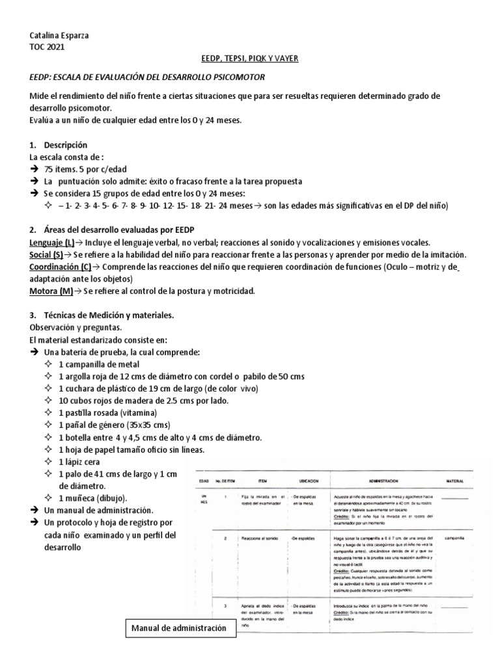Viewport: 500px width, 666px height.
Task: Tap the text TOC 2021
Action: point(48,47)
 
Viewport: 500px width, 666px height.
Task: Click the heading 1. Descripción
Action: point(59,144)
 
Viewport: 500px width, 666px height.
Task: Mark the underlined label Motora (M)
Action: point(51,291)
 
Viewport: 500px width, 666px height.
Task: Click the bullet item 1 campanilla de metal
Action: point(98,364)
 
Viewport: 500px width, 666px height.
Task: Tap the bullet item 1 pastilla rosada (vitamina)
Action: point(107,413)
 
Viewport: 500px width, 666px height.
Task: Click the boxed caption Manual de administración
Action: point(179,628)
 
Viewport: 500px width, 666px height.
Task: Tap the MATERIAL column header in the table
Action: point(454,482)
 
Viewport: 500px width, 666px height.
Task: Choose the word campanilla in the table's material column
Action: point(454,539)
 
